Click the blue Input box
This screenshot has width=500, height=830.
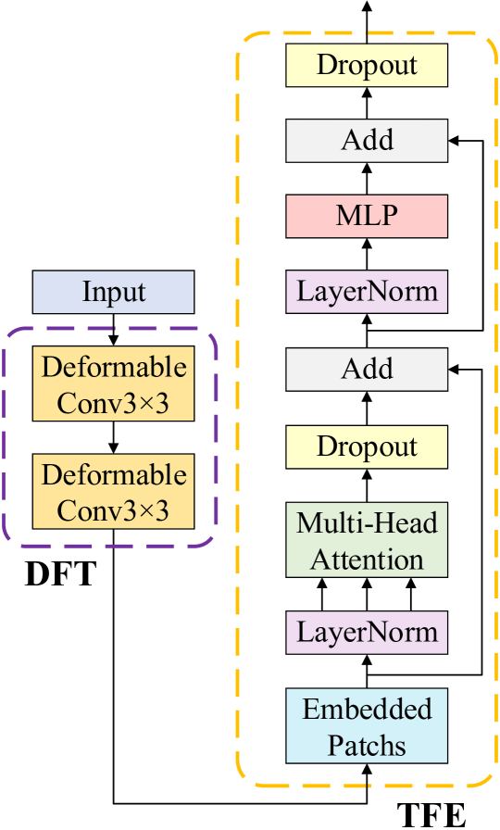[113, 292]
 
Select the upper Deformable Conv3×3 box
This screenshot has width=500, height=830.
[113, 384]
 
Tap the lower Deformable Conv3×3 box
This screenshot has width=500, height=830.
[113, 492]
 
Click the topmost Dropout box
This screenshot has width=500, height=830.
[367, 65]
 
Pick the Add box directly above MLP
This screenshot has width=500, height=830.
[367, 140]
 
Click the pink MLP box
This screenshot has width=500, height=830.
[367, 216]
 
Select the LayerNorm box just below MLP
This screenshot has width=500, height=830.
[367, 291]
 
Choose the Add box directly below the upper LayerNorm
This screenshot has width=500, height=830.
[367, 369]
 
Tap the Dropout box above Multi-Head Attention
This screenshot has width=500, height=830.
[367, 446]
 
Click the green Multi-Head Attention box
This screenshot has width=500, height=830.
[367, 540]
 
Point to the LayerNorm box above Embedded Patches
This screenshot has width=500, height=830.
[367, 632]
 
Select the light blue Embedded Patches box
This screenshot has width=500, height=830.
[367, 726]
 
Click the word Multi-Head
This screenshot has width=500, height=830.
[367, 522]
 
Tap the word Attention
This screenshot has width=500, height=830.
[367, 560]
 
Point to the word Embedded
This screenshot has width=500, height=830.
[367, 709]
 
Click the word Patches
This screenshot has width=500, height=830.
[367, 746]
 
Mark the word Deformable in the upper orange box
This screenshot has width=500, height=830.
[113, 367]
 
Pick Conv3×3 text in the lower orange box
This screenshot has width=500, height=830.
[113, 510]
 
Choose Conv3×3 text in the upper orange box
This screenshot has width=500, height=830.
[113, 403]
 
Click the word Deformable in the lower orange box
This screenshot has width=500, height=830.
[113, 474]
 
